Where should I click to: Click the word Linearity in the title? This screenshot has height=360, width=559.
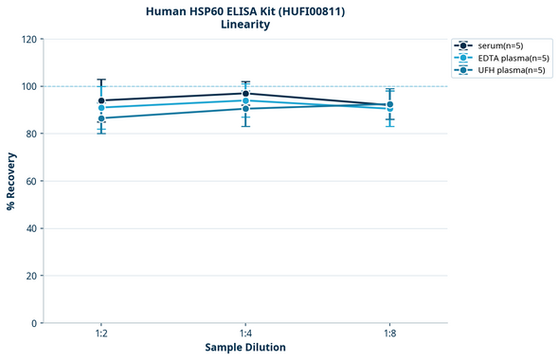click(x=244, y=25)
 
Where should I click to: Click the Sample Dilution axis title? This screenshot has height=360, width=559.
click(x=245, y=348)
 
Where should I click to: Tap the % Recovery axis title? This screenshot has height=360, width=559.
click(x=11, y=181)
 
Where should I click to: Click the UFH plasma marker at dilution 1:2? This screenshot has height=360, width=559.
click(x=101, y=118)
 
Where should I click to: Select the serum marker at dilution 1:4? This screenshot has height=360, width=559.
click(x=245, y=94)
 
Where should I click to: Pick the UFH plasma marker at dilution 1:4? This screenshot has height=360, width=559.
click(x=245, y=109)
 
